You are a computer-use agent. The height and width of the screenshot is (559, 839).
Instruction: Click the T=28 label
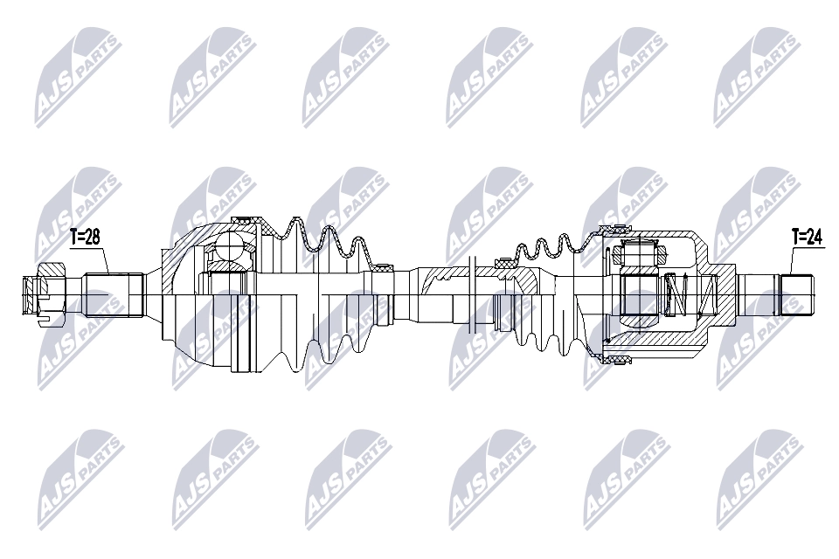[87, 236]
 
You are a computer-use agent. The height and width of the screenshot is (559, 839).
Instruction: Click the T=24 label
[808, 236]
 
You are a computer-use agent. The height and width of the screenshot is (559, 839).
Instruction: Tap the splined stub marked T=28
[113, 295]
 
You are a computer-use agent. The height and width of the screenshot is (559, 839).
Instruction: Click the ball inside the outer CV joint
[231, 245]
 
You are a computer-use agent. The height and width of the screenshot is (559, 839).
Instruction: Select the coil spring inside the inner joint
[674, 295]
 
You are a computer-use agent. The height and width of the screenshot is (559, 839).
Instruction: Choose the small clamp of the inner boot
[505, 261]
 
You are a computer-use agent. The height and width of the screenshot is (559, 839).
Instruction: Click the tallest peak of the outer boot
[294, 218]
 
